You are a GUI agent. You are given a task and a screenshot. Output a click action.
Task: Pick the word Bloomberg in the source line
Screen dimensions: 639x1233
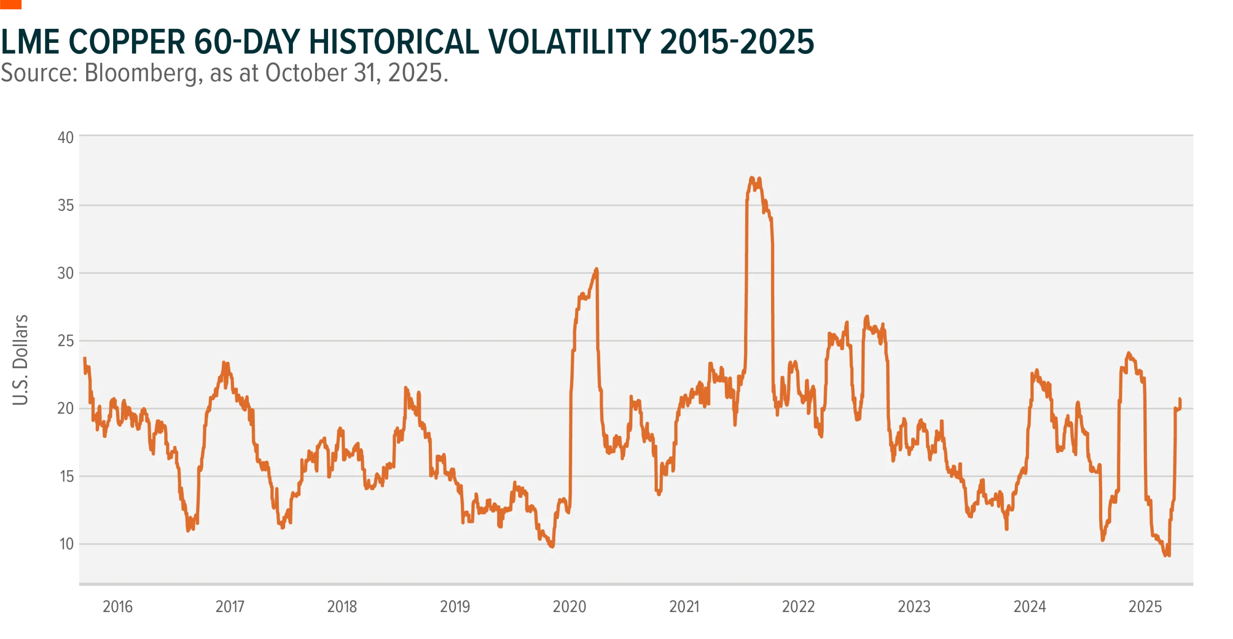(140, 74)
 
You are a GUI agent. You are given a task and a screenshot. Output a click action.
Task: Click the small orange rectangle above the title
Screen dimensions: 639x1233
(11, 5)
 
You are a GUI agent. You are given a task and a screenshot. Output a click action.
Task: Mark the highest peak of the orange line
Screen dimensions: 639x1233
(752, 178)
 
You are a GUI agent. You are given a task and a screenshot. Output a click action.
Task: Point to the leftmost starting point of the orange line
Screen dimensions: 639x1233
(85, 358)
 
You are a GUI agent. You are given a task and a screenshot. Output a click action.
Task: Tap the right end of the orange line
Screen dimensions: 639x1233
(1180, 399)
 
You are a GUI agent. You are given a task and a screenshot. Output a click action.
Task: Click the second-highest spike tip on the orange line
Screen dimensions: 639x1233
(596, 269)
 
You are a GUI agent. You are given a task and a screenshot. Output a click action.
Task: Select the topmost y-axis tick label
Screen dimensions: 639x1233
(66, 139)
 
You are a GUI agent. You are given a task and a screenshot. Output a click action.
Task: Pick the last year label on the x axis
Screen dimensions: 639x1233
(1146, 606)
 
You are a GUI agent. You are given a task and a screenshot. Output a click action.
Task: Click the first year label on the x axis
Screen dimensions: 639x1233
(117, 606)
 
